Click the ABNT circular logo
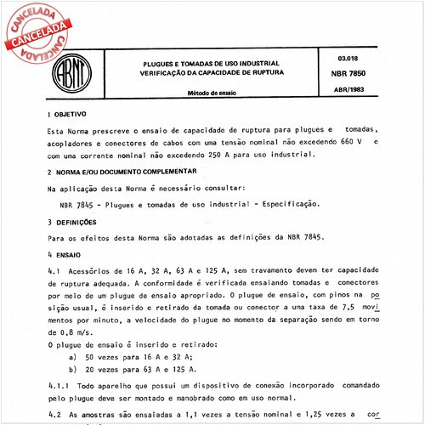(x=79, y=74)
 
